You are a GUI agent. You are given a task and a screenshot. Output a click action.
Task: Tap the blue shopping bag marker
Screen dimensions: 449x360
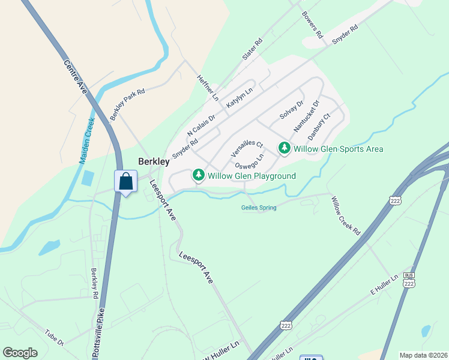click(x=126, y=181)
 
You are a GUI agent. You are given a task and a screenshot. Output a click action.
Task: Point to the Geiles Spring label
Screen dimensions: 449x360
click(x=259, y=208)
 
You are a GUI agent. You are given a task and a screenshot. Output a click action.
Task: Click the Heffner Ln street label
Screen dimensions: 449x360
click(x=208, y=88)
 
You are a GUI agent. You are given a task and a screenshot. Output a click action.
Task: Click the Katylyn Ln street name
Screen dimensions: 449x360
click(x=240, y=98)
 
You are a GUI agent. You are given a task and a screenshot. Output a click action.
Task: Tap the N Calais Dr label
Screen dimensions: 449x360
click(x=200, y=126)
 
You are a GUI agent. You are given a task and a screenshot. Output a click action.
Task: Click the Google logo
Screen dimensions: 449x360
click(x=20, y=353)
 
